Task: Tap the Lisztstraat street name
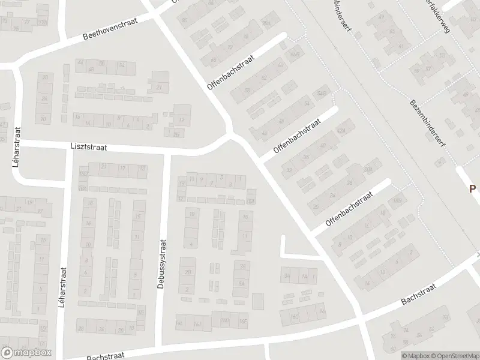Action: (88, 147)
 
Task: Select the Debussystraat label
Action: (161, 266)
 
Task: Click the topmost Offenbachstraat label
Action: (231, 73)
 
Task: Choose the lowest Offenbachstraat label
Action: (349, 209)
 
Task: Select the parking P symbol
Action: (472, 188)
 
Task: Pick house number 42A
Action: (343, 130)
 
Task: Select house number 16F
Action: (243, 322)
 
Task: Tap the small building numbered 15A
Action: (251, 200)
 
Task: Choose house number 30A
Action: (367, 170)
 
